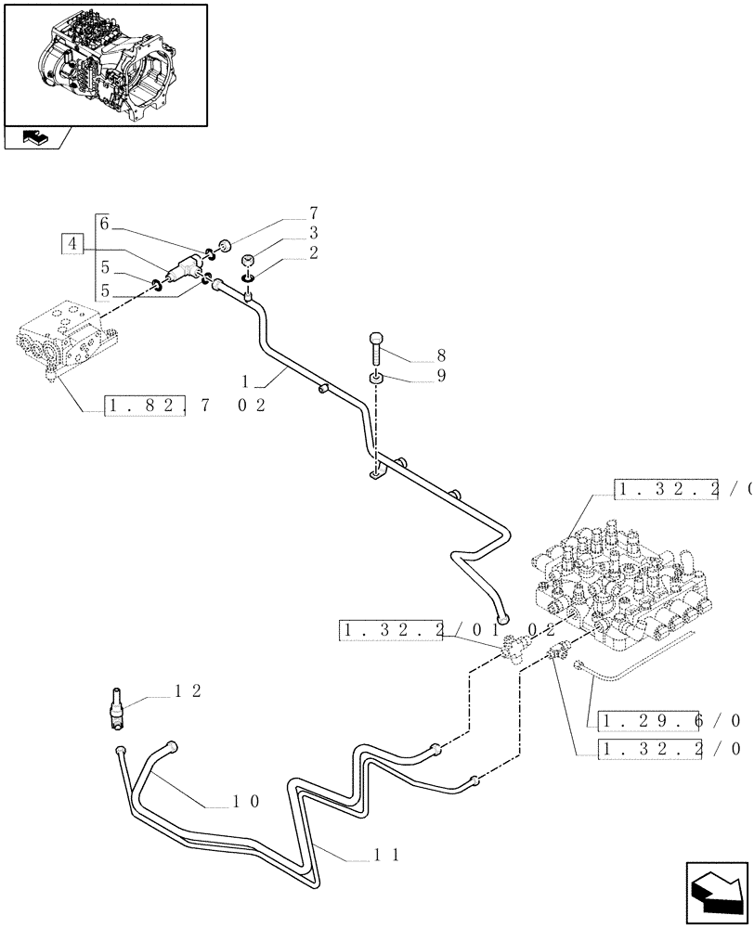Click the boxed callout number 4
pos(73,244)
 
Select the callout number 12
pos(188,691)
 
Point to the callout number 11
pos(387,856)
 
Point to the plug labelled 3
pos(248,261)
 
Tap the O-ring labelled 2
pos(248,277)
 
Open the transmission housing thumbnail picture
pos(104,64)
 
